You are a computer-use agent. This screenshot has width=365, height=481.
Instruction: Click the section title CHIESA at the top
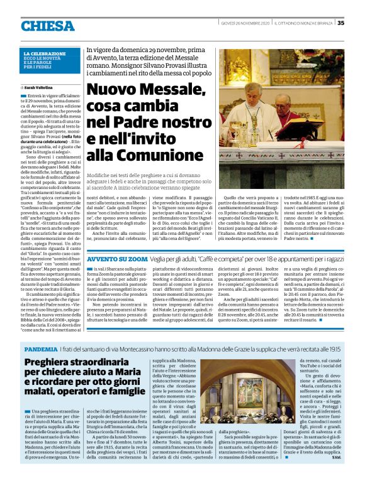coord(47,26)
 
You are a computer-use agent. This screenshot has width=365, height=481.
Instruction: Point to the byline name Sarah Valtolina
coord(38,87)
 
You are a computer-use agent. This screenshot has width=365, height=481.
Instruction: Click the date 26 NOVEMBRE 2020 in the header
coord(242,23)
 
